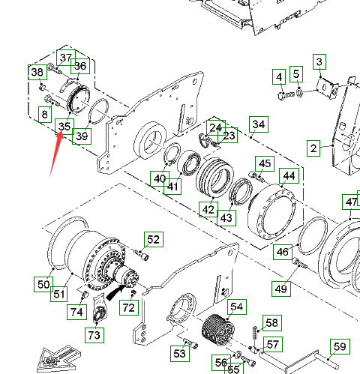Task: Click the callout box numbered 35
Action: tap(64, 127)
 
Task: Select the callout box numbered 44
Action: tap(289, 176)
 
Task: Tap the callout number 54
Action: tap(237, 307)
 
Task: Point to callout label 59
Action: tap(340, 346)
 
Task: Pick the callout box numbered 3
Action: tap(319, 61)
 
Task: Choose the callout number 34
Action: tap(259, 124)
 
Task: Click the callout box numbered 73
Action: tap(94, 335)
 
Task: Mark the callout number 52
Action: tap(154, 239)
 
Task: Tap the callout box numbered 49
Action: tap(281, 289)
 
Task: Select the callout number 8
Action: tap(45, 115)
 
